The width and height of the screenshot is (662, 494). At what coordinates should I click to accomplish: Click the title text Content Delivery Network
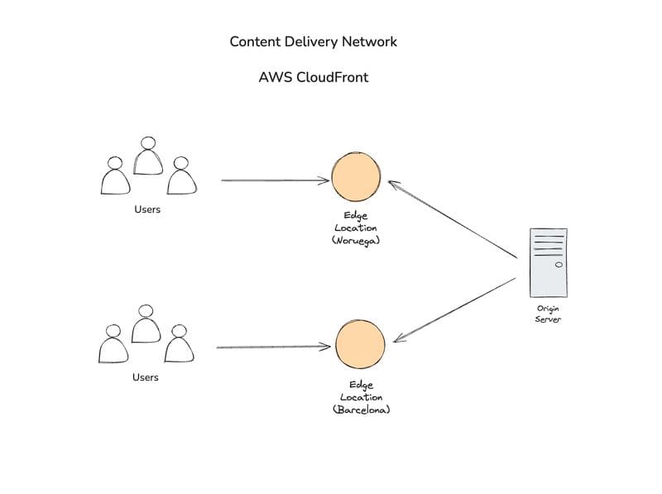coord(314,41)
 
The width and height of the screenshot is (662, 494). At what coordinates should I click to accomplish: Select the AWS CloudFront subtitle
coord(314,77)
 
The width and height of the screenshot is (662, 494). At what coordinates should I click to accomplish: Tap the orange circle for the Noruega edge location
coord(356,177)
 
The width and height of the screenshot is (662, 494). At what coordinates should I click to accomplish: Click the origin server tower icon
coord(549,262)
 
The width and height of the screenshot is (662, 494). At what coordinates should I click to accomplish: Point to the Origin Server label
coord(548,314)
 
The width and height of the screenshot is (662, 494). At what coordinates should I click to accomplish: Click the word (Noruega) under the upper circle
coord(356,240)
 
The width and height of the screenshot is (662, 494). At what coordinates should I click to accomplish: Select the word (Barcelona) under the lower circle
coord(361,410)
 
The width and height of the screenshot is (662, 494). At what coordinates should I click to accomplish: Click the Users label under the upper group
coord(147,209)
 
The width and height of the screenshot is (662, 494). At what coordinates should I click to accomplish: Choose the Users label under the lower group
coord(146,377)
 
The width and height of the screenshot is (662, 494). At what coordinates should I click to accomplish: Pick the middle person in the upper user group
coord(148,156)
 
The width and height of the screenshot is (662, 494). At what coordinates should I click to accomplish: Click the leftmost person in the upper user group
coord(115,175)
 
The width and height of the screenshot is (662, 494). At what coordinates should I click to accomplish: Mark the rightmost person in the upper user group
coord(181,175)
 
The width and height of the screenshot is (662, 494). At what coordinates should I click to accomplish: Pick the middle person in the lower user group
coord(146,324)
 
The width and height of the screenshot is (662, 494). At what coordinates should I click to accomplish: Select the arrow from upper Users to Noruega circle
coord(276,180)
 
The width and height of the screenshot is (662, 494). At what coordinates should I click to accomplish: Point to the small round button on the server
coord(559,265)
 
